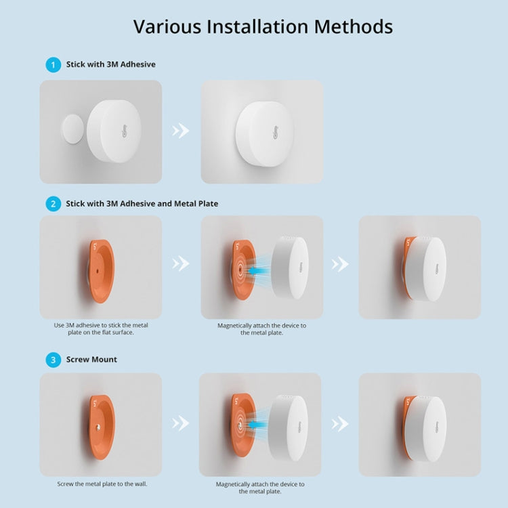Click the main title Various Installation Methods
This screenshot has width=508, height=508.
pyautogui.click(x=263, y=26)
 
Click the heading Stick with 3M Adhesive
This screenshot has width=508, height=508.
pyautogui.click(x=110, y=65)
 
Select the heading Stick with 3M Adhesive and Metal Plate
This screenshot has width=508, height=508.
pyautogui.click(x=142, y=203)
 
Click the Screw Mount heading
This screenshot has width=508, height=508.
pyautogui.click(x=91, y=360)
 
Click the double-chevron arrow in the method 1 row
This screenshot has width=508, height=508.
pyautogui.click(x=181, y=131)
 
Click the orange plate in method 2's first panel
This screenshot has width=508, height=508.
pyautogui.click(x=100, y=269)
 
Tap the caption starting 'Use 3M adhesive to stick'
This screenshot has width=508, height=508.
pyautogui.click(x=100, y=329)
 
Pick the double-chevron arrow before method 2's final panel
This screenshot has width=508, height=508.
pyautogui.click(x=341, y=263)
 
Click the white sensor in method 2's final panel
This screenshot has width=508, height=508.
pyautogui.click(x=428, y=269)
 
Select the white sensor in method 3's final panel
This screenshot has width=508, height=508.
pyautogui.click(x=428, y=425)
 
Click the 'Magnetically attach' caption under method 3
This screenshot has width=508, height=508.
pyautogui.click(x=260, y=488)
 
